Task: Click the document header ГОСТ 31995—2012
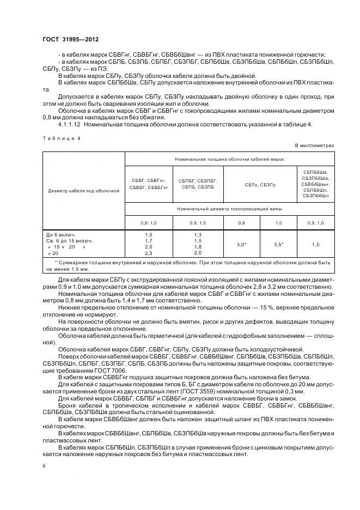pyautogui.click(x=71, y=40)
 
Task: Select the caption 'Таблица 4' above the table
pyautogui.click(x=61, y=138)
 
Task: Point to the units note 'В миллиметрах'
pyautogui.click(x=314, y=145)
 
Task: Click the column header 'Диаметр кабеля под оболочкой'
pyautogui.click(x=83, y=191)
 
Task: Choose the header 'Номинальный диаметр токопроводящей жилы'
pyautogui.click(x=229, y=209)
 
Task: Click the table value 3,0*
pyautogui.click(x=241, y=245)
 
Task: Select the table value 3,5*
pyautogui.click(x=278, y=245)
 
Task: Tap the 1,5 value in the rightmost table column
pyautogui.click(x=315, y=245)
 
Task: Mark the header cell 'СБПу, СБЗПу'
pyautogui.click(x=260, y=185)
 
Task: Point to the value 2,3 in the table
pyautogui.click(x=149, y=253)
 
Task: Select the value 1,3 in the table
pyautogui.click(x=197, y=234)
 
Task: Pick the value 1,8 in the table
pyautogui.click(x=197, y=247)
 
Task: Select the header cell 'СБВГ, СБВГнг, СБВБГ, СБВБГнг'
pyautogui.click(x=149, y=184)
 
